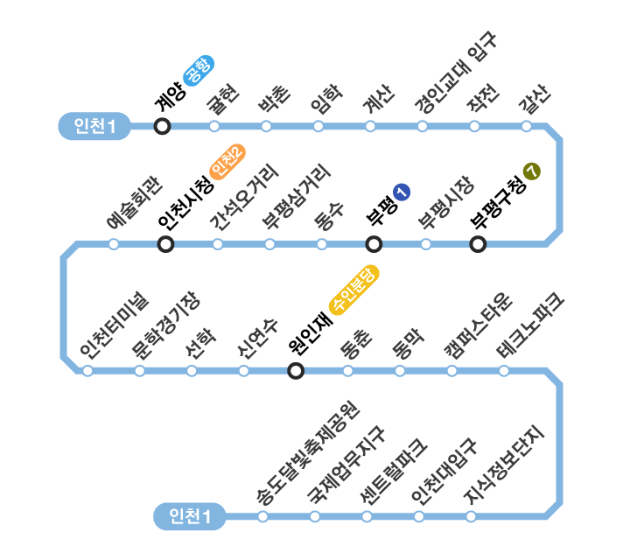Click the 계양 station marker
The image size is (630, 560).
tap(162, 126)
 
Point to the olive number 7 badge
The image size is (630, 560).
tap(531, 171)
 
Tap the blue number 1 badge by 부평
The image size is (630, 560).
tap(402, 192)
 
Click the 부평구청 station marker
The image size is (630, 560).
tap(478, 244)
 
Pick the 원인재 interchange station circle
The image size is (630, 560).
tap(296, 371)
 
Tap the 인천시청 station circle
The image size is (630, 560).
tap(165, 244)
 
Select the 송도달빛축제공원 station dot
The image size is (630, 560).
tap(262, 516)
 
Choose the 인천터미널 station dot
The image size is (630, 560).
tap(87, 371)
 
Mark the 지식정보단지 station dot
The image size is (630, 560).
tap(471, 516)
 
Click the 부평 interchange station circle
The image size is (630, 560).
tap(374, 244)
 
